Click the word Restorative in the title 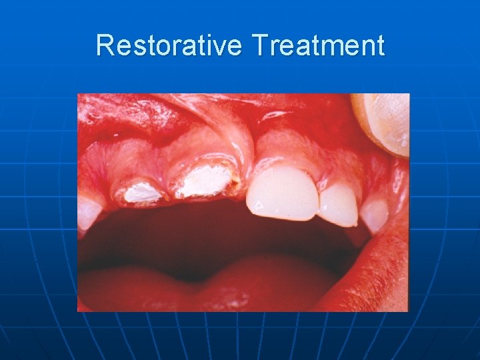coord(170,45)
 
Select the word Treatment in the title coord(318,45)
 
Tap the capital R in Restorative coord(104,45)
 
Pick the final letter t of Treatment coord(380,45)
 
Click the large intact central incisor coord(282,193)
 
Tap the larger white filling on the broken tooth coord(203,181)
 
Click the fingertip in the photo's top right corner coord(383,120)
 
